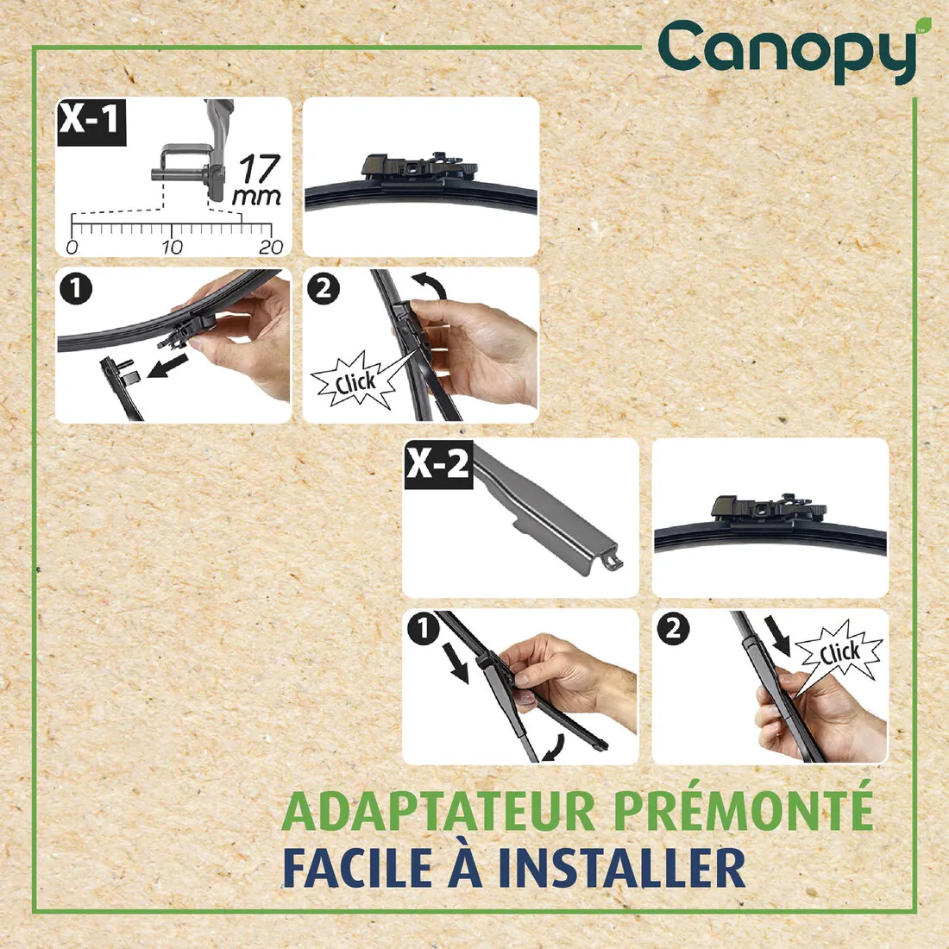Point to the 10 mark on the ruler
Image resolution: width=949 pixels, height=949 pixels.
(x=172, y=247)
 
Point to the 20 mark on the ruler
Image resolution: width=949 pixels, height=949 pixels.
(x=271, y=247)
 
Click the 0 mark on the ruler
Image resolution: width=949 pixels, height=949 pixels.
(x=72, y=247)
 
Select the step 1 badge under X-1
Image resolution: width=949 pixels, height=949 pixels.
(x=77, y=288)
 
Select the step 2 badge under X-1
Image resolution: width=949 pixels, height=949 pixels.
(x=324, y=288)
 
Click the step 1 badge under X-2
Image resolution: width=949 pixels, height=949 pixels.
(x=423, y=630)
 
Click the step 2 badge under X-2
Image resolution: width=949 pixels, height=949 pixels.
(x=673, y=630)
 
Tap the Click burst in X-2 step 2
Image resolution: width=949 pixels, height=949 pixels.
(x=839, y=651)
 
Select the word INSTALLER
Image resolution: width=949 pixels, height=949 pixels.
(x=622, y=868)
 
